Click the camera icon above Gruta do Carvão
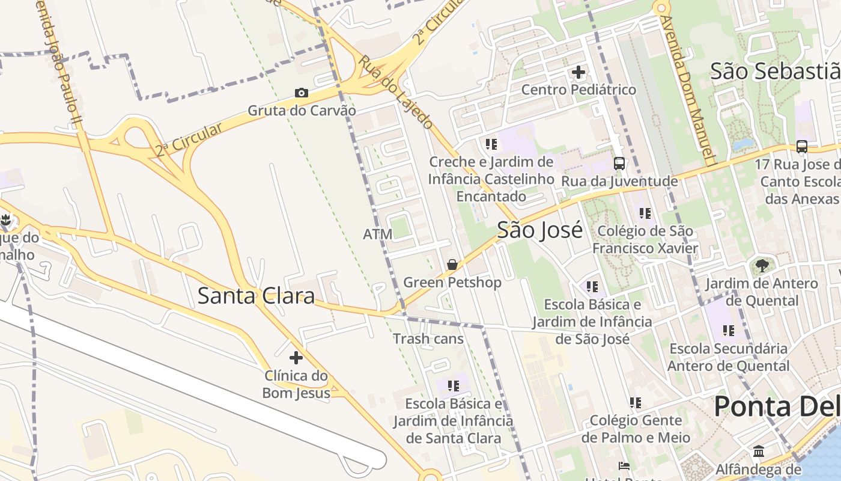(x=302, y=93)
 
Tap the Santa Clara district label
(x=257, y=296)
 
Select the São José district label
(x=539, y=230)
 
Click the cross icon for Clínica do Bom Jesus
(x=296, y=358)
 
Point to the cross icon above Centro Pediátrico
(x=578, y=72)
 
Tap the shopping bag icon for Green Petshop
(x=452, y=265)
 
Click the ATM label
(x=377, y=234)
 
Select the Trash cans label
(x=428, y=339)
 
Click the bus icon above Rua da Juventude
(x=619, y=163)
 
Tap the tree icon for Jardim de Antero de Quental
(x=761, y=265)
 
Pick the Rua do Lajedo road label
(x=396, y=92)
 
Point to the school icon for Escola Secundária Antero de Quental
(x=728, y=330)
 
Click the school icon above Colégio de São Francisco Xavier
(x=645, y=213)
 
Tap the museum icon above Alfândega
(x=758, y=451)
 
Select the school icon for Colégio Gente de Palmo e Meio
(x=635, y=402)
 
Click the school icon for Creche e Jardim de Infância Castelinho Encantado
(x=491, y=144)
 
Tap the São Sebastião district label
(x=775, y=71)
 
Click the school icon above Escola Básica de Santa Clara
(x=453, y=385)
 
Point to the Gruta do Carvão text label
(x=302, y=111)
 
